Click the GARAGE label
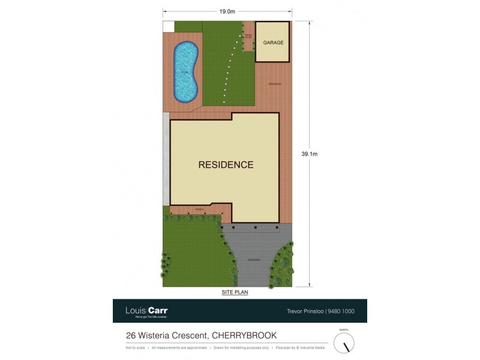[x=273, y=43]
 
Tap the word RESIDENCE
[x=226, y=164]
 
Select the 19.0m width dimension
[x=226, y=11]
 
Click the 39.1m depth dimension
[x=309, y=154]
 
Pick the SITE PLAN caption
[x=235, y=292]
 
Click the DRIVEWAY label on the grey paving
[x=253, y=259]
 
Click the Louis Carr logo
[x=146, y=311]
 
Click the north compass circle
[x=344, y=343]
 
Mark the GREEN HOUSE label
[x=248, y=36]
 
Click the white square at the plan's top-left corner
[x=169, y=26]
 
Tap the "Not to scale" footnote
[x=136, y=348]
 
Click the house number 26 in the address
[x=130, y=335]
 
